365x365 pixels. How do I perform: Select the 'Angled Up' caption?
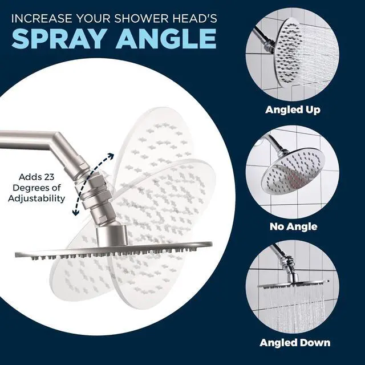pyautogui.click(x=293, y=109)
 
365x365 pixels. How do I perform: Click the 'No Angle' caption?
pyautogui.click(x=293, y=226)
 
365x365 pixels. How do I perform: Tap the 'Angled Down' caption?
pyautogui.click(x=294, y=342)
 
